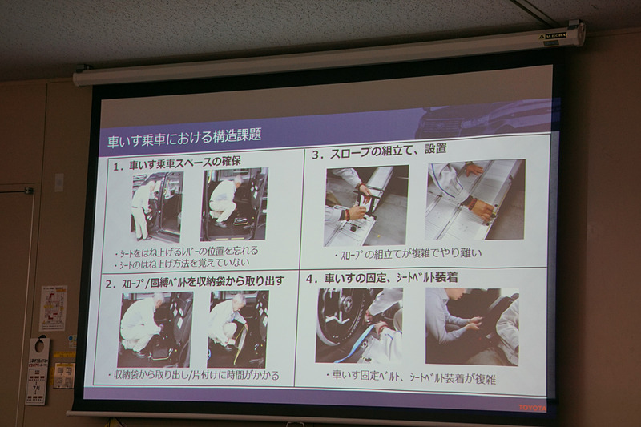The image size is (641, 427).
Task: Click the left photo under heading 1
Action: coord(157,205)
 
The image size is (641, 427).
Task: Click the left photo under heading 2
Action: coord(155,329)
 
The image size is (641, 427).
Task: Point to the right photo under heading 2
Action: coord(238,328)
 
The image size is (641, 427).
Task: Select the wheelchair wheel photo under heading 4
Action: coord(358,325)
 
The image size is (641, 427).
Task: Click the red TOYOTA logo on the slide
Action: coord(533,407)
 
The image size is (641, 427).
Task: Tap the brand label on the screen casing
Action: coord(555,34)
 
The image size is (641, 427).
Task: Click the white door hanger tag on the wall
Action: coord(37,369)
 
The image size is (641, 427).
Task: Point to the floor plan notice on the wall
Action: coord(54,308)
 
